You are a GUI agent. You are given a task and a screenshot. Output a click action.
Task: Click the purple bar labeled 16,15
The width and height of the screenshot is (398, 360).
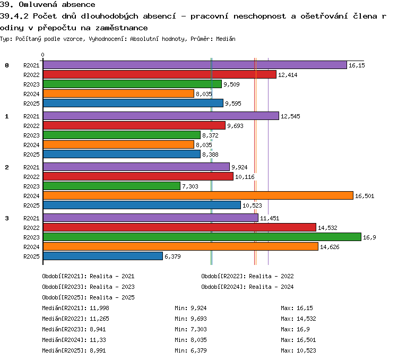(x=195, y=65)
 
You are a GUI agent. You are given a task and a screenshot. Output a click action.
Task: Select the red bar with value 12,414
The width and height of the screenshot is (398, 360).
(x=160, y=74)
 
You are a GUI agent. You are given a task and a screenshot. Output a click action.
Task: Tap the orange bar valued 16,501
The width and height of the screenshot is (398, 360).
(x=198, y=195)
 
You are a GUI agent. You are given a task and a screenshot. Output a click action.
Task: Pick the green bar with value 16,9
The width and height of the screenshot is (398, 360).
(x=202, y=237)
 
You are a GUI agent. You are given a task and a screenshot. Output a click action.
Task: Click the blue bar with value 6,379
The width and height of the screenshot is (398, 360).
(x=103, y=256)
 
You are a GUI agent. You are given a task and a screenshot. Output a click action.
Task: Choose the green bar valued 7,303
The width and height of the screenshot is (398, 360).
(x=111, y=186)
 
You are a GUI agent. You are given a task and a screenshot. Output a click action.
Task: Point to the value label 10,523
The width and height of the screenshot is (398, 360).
(x=252, y=205)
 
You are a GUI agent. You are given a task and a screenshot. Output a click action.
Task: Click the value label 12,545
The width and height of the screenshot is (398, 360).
(x=290, y=116)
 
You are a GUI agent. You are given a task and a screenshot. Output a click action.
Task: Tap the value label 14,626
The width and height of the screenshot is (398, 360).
(x=330, y=247)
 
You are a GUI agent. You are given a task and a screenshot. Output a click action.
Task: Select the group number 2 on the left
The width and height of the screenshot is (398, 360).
(x=7, y=167)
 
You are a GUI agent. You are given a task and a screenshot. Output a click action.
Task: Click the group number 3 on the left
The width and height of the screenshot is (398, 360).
(x=7, y=218)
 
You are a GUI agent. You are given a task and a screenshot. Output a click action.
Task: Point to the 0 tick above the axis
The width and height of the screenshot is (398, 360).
(x=42, y=55)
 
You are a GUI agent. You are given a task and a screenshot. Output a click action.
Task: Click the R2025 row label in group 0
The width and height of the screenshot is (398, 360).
(x=31, y=104)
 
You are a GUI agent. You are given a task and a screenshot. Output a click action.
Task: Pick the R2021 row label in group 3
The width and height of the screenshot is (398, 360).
(x=31, y=218)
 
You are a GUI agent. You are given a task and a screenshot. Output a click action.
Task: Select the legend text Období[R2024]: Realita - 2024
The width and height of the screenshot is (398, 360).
(x=247, y=287)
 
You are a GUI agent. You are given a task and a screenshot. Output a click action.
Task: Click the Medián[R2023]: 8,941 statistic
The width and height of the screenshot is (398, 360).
(x=74, y=329)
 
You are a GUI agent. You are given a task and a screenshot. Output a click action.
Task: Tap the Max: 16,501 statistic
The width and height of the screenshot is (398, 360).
(x=298, y=340)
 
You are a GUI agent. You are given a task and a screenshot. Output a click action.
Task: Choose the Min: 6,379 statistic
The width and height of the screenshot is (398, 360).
(x=191, y=350)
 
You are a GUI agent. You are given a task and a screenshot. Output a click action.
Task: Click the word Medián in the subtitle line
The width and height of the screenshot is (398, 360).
(x=226, y=39)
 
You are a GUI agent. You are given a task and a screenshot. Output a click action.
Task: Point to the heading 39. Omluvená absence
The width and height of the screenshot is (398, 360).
(x=47, y=4)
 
